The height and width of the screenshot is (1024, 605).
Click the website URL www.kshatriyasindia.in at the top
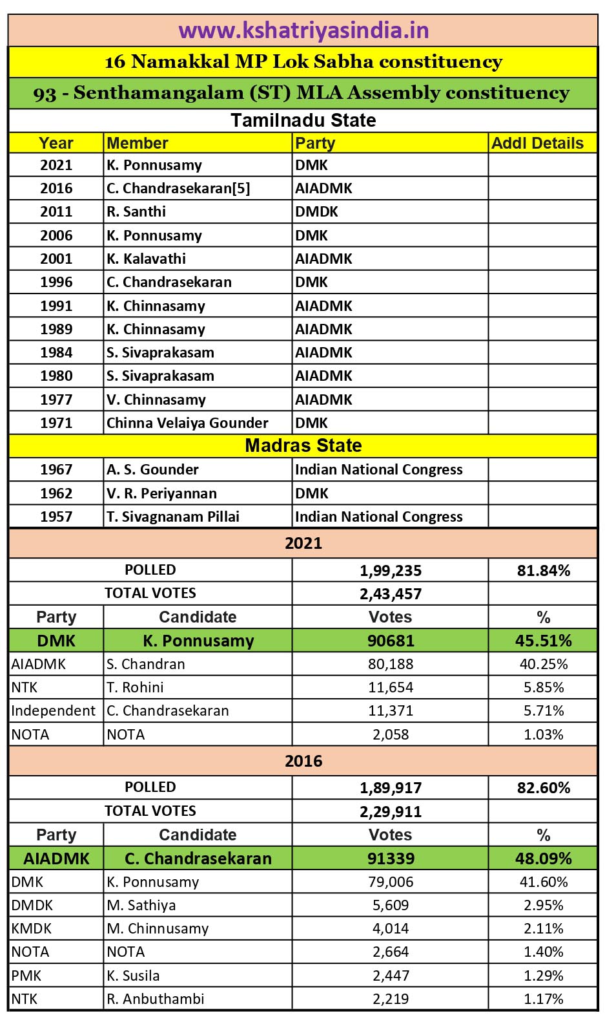[x=303, y=30]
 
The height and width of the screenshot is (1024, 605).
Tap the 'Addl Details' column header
[x=537, y=143]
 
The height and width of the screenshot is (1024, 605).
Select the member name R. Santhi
[x=136, y=211]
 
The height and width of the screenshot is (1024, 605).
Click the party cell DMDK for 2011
[x=316, y=211]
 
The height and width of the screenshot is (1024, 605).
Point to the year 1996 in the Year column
[x=56, y=282]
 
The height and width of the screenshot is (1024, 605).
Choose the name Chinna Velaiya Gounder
[x=187, y=423]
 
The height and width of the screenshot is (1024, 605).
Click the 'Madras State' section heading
[x=303, y=445]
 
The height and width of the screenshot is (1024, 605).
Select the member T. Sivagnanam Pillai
[x=173, y=517]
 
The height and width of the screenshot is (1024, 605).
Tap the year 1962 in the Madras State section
[x=56, y=493]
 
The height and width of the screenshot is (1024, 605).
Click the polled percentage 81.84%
[x=543, y=570]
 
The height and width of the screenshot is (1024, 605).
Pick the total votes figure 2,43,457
[x=390, y=593]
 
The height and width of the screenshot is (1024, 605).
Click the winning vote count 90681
[x=390, y=641]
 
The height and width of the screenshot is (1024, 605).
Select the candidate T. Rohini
[x=135, y=687]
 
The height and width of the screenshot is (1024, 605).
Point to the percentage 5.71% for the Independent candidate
[x=543, y=710]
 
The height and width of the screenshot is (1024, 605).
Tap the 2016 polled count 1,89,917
[x=390, y=787]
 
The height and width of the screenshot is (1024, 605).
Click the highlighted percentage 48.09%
[x=543, y=859]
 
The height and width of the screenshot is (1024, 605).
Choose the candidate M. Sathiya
[x=141, y=905]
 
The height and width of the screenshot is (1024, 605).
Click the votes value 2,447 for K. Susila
[x=390, y=976]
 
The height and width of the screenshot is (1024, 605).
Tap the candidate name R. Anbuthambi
[x=155, y=999]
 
